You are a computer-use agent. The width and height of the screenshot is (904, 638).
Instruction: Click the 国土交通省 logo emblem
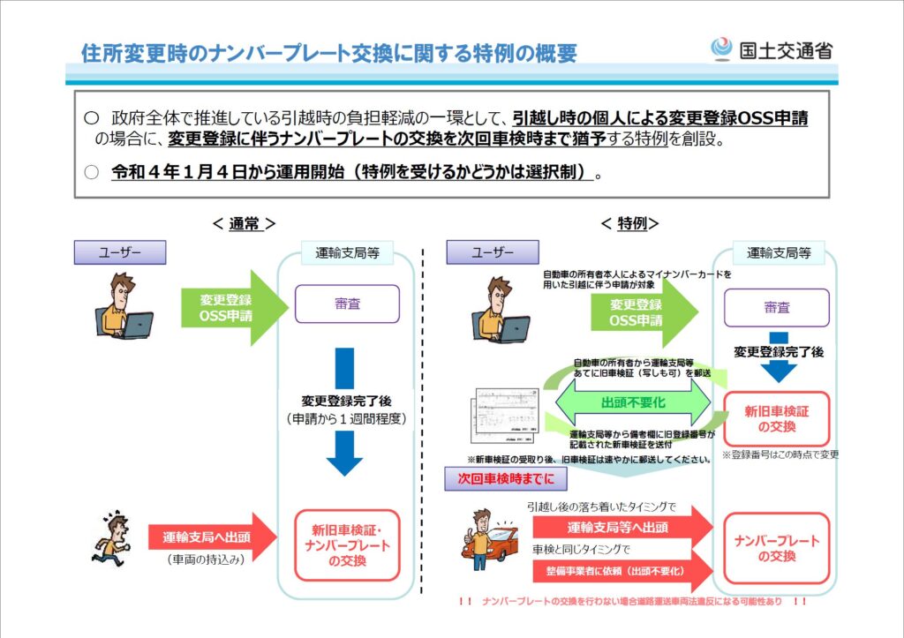click(x=721, y=49)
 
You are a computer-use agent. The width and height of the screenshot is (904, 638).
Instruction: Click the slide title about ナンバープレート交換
click(x=328, y=52)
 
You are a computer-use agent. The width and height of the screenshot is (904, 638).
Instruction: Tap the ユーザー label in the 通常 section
click(x=120, y=253)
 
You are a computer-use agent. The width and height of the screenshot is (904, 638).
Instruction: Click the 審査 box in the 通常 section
click(x=347, y=304)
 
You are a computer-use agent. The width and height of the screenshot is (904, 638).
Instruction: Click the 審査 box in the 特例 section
click(x=776, y=307)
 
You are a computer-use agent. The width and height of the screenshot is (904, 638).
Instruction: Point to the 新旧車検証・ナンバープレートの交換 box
click(x=347, y=545)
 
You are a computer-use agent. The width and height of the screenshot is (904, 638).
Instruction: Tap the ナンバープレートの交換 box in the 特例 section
click(x=776, y=549)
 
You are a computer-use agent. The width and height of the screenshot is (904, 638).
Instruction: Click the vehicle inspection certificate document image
click(x=502, y=415)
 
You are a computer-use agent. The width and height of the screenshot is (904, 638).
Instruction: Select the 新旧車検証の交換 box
click(x=776, y=419)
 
